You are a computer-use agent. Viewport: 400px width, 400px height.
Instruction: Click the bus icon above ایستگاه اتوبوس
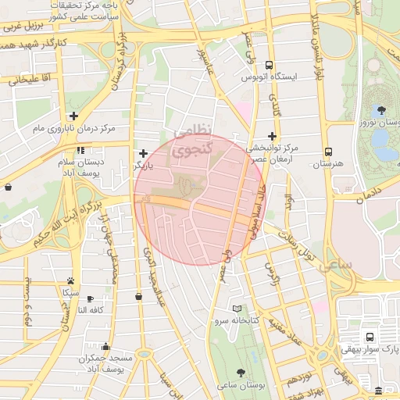270,66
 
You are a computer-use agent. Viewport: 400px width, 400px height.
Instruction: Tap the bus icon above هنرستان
328,152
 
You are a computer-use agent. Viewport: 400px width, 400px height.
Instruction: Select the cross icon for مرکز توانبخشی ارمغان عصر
273,135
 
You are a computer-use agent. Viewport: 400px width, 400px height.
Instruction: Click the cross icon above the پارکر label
142,154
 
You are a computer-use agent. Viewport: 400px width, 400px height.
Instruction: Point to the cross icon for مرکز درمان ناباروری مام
73,116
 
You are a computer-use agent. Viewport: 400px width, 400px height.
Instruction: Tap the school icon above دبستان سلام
80,150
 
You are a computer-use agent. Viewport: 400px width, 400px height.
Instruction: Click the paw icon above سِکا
71,280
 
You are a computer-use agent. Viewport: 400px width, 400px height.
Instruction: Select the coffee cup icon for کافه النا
90,298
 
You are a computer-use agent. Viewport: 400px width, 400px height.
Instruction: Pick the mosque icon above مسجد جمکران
105,346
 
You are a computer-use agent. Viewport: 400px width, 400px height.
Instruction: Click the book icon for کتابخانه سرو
237,309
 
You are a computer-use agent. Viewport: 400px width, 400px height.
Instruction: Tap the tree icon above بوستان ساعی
239,373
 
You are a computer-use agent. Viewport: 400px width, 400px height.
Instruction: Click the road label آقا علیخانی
30,79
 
